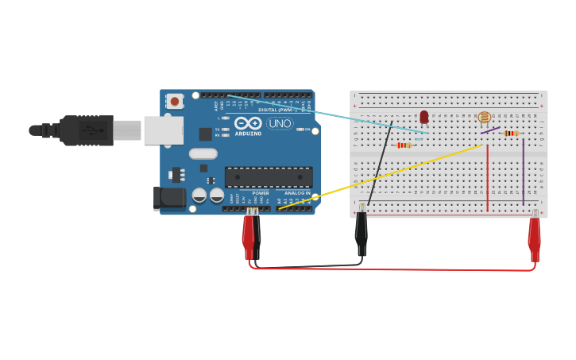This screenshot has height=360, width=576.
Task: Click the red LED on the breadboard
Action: (424, 118)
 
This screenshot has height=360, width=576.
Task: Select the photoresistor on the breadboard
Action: (484, 118)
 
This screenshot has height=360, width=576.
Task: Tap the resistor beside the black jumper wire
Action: (404, 145)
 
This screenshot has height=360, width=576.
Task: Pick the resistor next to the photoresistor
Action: (511, 134)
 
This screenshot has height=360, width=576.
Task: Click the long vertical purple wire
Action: (523, 171)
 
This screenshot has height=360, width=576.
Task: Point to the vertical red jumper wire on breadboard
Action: (488, 179)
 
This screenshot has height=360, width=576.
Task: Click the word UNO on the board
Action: (280, 124)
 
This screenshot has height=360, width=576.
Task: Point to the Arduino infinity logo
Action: (248, 123)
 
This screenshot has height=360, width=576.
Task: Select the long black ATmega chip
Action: (268, 177)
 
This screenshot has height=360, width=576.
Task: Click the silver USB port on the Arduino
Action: (163, 130)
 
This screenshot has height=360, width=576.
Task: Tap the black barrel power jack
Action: (168, 198)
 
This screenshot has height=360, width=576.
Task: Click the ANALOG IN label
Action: (298, 193)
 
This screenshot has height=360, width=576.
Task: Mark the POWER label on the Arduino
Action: (261, 193)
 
